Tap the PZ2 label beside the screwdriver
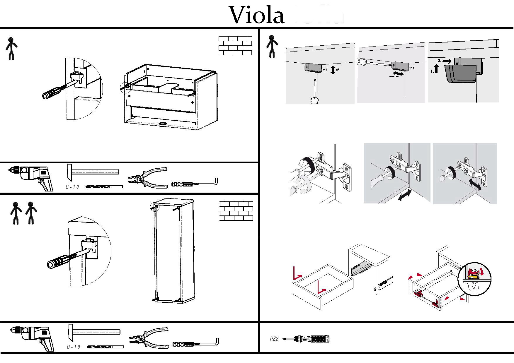tap(274, 339)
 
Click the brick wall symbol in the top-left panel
tap(235, 46)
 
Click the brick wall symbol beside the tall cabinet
tap(236, 211)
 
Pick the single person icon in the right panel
tap(272, 46)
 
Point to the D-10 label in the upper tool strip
tap(72, 187)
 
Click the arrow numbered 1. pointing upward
tap(436, 69)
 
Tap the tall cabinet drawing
tap(173, 252)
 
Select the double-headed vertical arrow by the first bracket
tap(332, 70)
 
